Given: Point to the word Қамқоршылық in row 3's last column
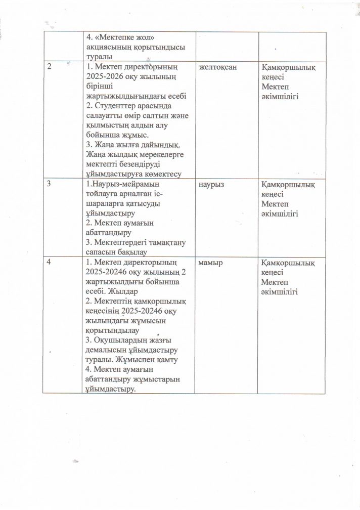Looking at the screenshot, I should [x=287, y=186].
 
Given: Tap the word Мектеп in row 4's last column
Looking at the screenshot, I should [x=276, y=282].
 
